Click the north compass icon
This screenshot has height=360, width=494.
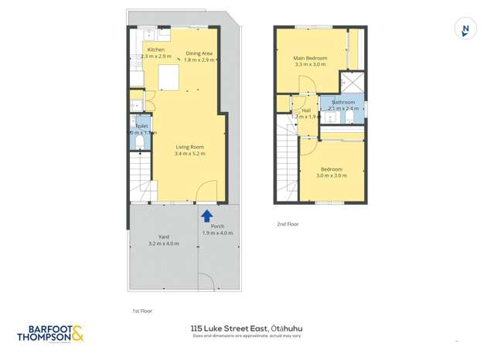click(x=464, y=30)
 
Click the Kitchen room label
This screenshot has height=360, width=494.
click(x=155, y=49)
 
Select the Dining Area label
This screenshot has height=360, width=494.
click(x=199, y=53)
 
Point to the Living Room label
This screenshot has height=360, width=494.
click(x=189, y=146)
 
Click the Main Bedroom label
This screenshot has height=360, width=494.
click(x=310, y=58)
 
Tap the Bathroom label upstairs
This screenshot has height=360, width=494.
click(x=343, y=102)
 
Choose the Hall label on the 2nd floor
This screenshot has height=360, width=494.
click(x=306, y=110)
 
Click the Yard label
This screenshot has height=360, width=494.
click(x=164, y=236)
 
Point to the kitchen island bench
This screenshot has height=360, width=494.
click(x=169, y=78)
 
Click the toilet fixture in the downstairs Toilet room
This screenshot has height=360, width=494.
click(x=139, y=143)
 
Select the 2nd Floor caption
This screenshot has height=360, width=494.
click(x=287, y=224)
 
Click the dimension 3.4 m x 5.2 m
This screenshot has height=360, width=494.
click(x=189, y=153)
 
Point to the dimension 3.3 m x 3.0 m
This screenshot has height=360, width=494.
click(x=310, y=65)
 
